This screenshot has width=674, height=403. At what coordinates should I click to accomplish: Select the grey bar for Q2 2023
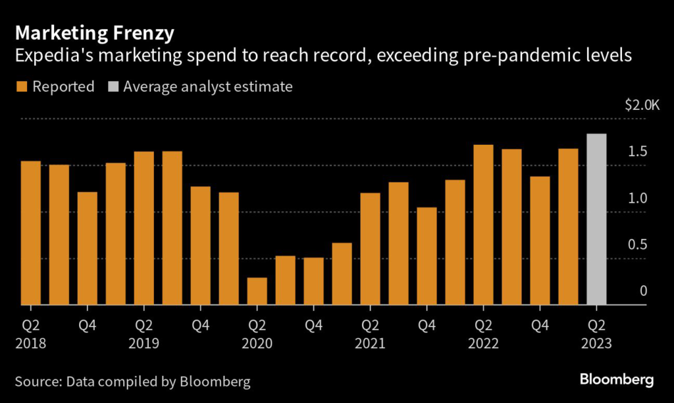click(x=596, y=219)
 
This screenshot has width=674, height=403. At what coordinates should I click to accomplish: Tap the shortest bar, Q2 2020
click(x=257, y=291)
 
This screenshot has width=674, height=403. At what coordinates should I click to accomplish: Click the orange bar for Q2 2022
click(x=483, y=225)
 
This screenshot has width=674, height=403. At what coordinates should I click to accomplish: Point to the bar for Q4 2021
click(x=427, y=256)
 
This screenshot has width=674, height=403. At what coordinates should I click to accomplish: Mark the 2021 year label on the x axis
click(x=371, y=344)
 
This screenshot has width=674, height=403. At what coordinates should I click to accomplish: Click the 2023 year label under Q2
click(x=596, y=344)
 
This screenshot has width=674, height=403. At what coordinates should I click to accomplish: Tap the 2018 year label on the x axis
click(x=31, y=344)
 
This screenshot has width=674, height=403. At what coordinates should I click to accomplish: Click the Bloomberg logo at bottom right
click(x=616, y=379)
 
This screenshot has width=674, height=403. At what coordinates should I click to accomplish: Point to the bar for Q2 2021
click(x=371, y=249)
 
